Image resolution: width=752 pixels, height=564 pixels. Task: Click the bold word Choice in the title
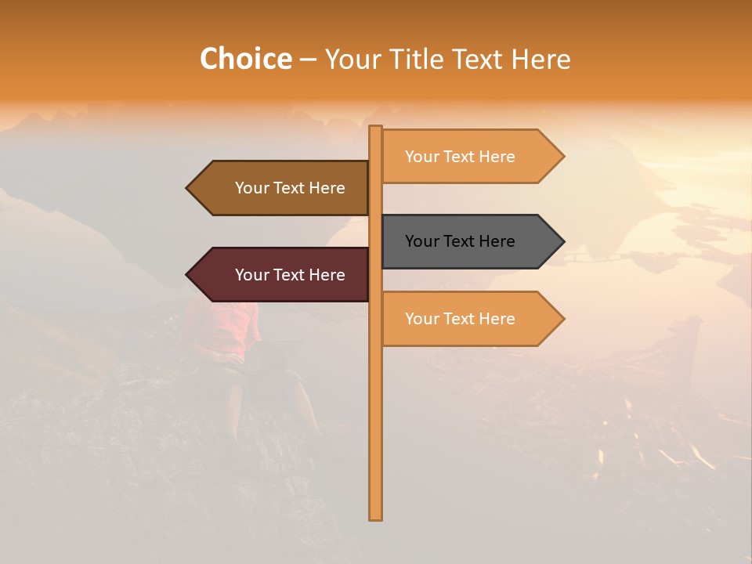(245, 59)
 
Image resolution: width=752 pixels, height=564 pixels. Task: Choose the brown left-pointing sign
(282, 188)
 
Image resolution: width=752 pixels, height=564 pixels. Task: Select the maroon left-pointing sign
(282, 275)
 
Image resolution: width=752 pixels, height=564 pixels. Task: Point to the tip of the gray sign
(562, 241)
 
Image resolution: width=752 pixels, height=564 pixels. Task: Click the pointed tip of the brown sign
(188, 188)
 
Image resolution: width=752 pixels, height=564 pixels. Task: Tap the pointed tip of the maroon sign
(188, 275)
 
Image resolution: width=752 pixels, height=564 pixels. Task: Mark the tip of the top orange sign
(562, 157)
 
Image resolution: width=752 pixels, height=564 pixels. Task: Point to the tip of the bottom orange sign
(562, 319)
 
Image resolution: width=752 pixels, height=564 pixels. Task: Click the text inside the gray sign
(460, 241)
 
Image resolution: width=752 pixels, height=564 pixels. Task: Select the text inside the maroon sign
(290, 275)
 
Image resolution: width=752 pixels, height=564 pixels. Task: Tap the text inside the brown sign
(290, 188)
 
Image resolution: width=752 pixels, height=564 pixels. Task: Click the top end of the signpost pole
(375, 128)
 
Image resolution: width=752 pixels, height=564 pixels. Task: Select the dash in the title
(308, 60)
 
